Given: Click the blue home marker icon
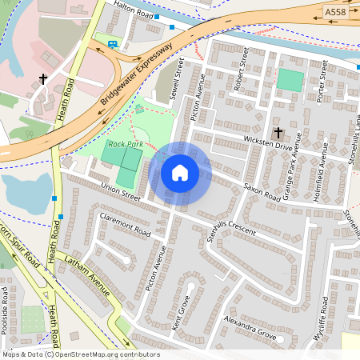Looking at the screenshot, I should tap(180, 172).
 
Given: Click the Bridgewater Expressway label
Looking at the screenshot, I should tap(138, 77).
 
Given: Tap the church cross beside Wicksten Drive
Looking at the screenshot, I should tap(278, 132).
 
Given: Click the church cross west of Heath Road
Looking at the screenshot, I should tap(43, 79).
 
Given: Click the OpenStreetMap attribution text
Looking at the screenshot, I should tap(80, 354).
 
